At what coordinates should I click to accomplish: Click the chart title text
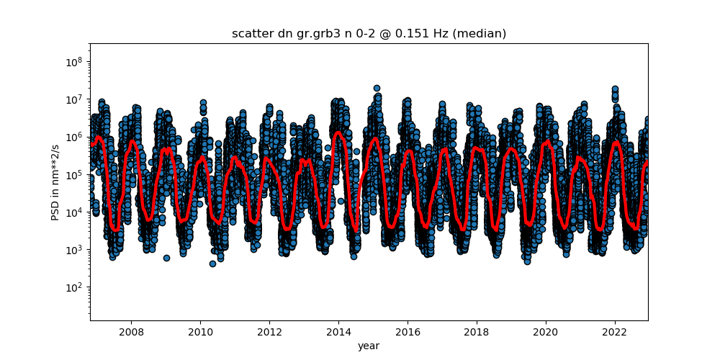point(369,34)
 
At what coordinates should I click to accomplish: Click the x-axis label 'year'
point(369,346)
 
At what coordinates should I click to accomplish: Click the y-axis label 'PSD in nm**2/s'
point(55,181)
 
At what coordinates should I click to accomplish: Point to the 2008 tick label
point(130,332)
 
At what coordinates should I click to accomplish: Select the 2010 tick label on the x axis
point(199,332)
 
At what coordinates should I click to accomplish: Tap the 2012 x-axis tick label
point(269,332)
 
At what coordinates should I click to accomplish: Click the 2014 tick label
point(338,332)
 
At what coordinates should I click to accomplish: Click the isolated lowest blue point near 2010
point(212,264)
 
